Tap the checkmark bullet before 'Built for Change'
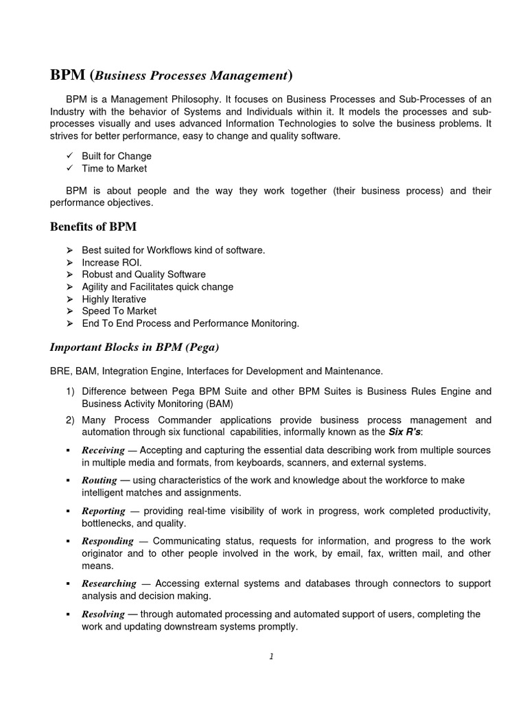coord(69,157)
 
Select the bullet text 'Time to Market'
coord(114,168)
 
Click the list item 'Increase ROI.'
coord(112,263)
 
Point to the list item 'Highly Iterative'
coord(114,299)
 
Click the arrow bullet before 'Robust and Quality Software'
coord(69,275)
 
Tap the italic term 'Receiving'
coord(103,450)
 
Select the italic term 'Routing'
coord(99,481)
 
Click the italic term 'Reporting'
coord(104,511)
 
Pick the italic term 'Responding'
coord(107,542)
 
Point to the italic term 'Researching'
coord(109,584)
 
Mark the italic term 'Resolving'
coord(103,614)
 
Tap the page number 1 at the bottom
coord(271,656)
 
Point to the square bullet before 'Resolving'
coord(69,614)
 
